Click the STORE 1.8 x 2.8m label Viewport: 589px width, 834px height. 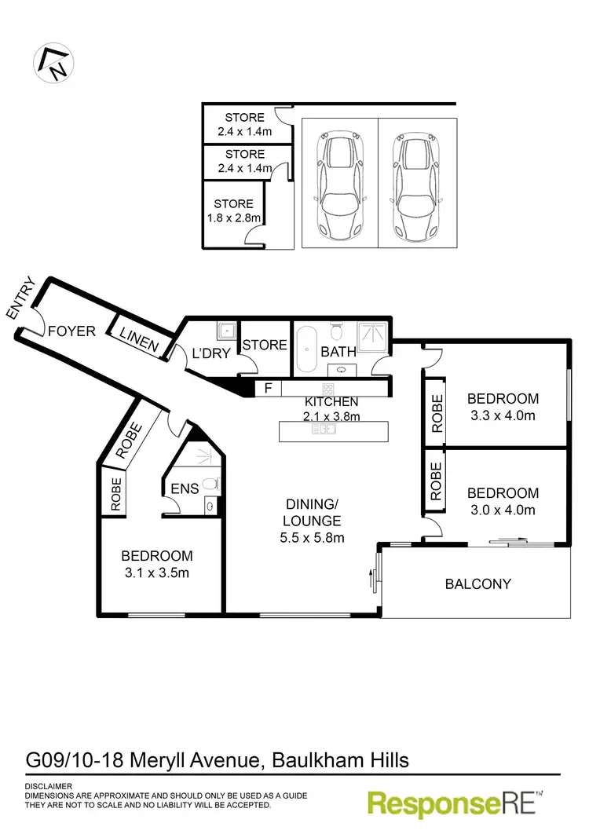point(233,210)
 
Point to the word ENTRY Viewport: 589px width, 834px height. point(21,298)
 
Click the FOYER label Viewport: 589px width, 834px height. point(71,331)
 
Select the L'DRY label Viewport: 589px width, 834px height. point(211,353)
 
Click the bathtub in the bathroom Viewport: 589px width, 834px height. point(306,348)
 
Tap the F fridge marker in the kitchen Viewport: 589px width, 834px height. point(268,388)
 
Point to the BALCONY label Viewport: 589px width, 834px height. point(477,583)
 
